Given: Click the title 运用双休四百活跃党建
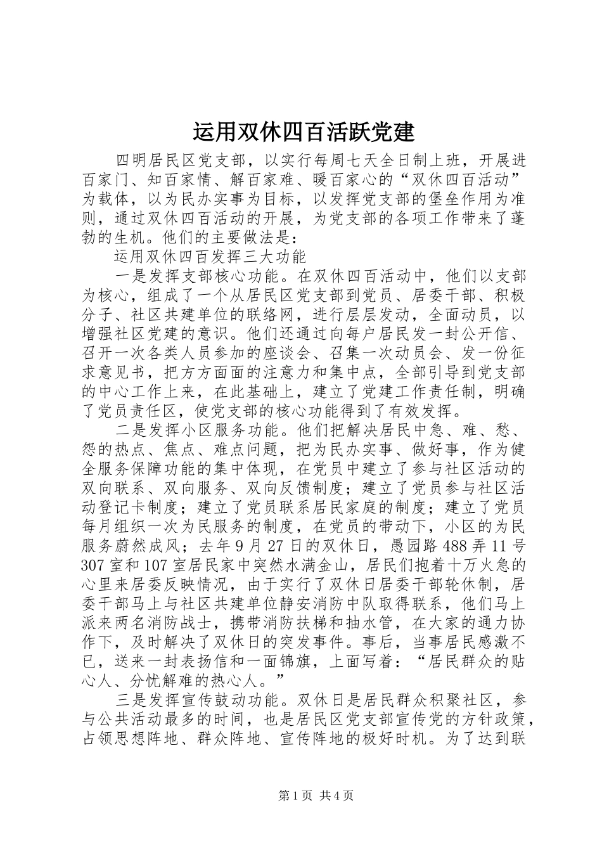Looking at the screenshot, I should pyautogui.click(x=303, y=132).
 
